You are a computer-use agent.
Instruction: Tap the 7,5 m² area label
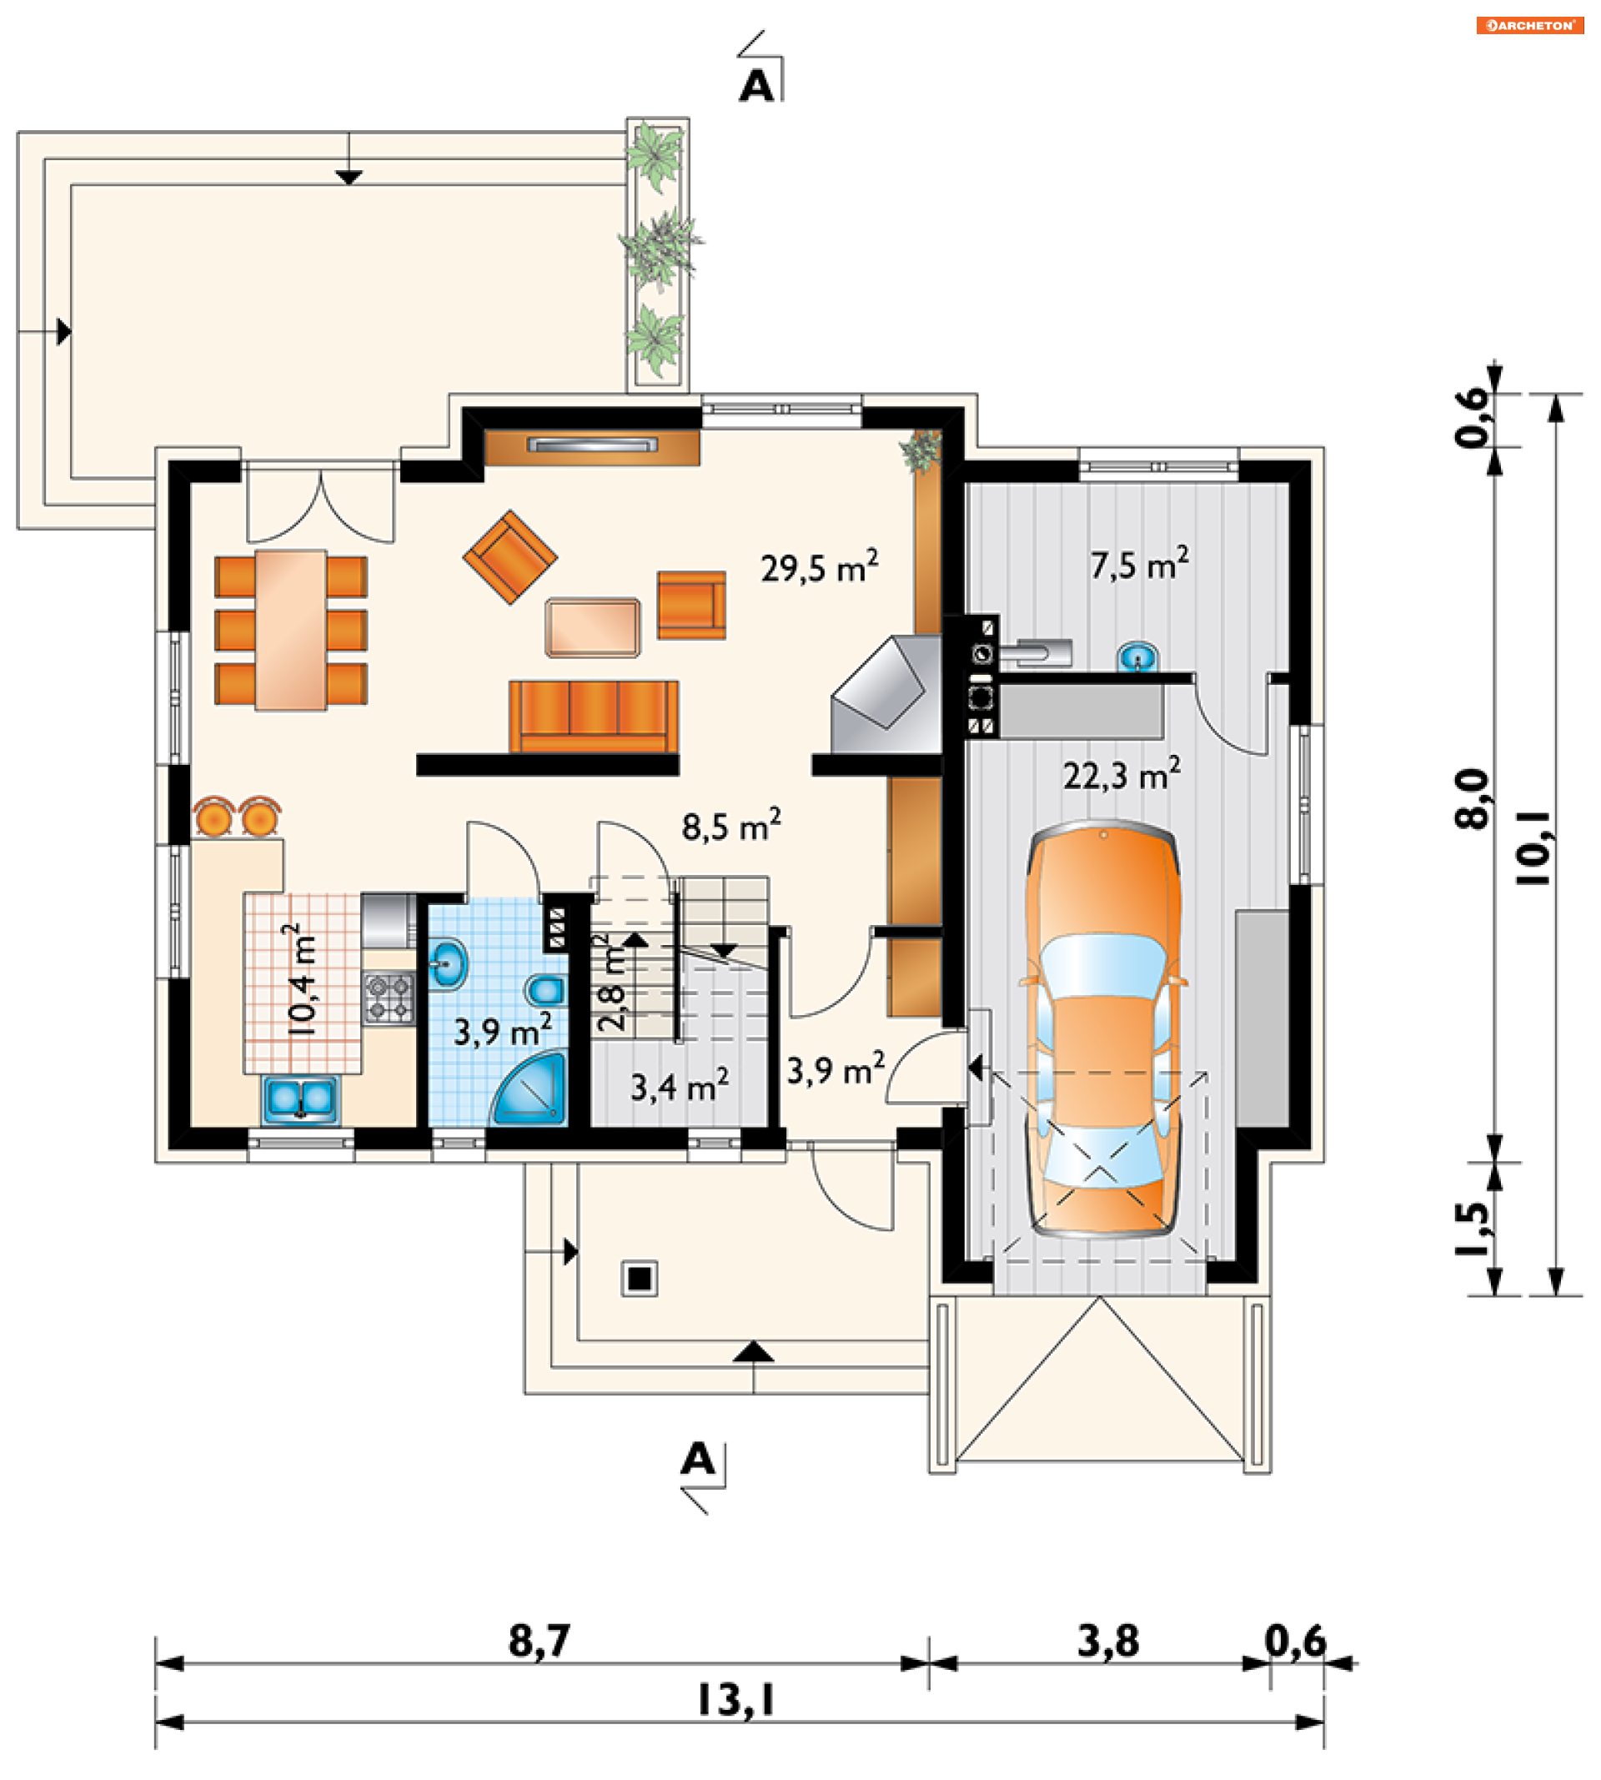pos(1139,563)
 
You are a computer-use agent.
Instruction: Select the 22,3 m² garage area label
pos(1122,774)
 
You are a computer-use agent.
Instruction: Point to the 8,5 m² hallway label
pos(731,825)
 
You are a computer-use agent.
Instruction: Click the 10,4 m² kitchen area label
pos(302,978)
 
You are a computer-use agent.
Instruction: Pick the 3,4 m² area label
pos(679,1086)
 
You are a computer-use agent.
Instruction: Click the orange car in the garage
pos(1103,1029)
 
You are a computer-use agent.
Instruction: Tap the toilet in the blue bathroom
pos(546,990)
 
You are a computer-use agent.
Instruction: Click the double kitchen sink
pos(300,1099)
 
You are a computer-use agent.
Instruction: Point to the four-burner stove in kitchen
pos(389,998)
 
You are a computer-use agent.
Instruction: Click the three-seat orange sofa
pos(593,717)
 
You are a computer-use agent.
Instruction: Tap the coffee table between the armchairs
pos(592,627)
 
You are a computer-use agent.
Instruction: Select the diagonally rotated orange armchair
pos(509,557)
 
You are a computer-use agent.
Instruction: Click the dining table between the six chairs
pos(290,630)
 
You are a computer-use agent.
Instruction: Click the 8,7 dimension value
pos(540,1640)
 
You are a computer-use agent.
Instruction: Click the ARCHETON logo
pos(1530,26)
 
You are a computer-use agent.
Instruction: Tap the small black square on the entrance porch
pos(640,1278)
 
